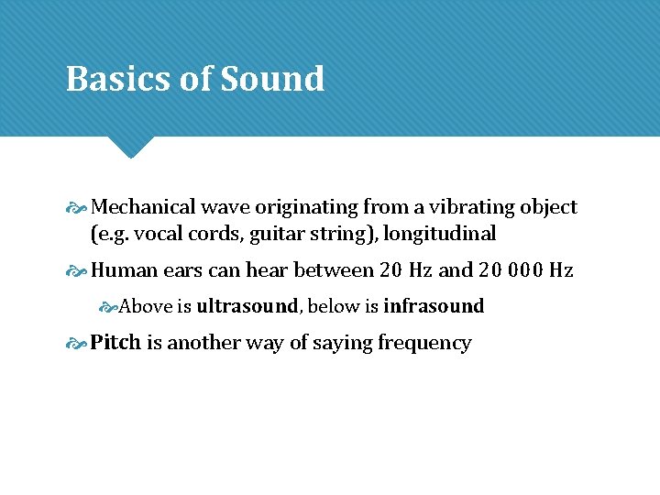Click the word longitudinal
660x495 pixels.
(x=440, y=234)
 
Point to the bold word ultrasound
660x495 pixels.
(x=247, y=306)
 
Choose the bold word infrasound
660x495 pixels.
(x=434, y=306)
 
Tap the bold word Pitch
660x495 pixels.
(x=116, y=343)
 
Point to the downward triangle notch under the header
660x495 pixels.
(x=129, y=147)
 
